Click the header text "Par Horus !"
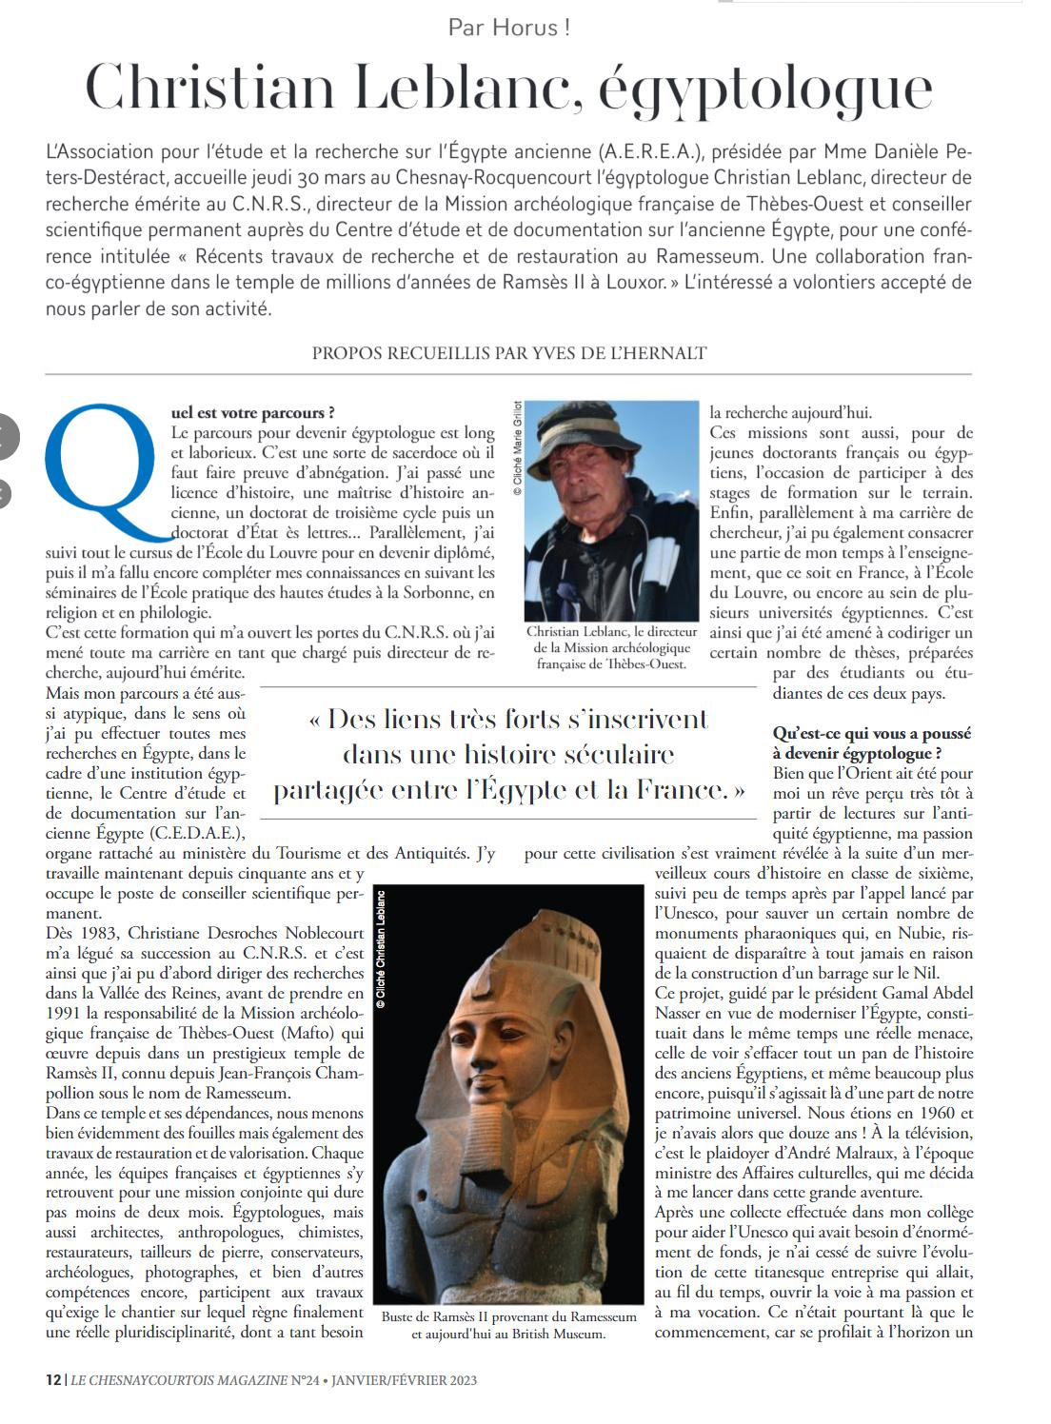509,28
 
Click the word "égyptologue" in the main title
765,89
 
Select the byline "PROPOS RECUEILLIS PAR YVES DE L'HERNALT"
509,353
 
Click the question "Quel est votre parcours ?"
252,413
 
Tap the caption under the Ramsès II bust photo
508,1325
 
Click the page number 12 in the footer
53,1379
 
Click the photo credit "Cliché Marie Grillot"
518,447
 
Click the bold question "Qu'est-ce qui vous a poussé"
872,734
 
